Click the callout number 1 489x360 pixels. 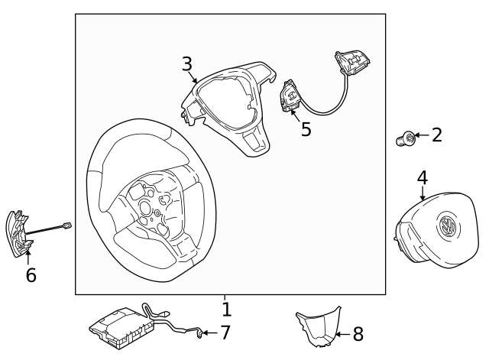[226, 310]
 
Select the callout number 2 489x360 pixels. [437, 136]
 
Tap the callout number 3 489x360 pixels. [187, 63]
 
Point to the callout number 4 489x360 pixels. [422, 177]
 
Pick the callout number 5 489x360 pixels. [306, 129]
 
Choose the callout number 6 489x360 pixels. [31, 275]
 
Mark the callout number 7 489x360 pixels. [225, 332]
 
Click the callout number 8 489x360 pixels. [358, 334]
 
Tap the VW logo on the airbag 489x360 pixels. [445, 226]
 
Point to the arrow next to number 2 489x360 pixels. [421, 137]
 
